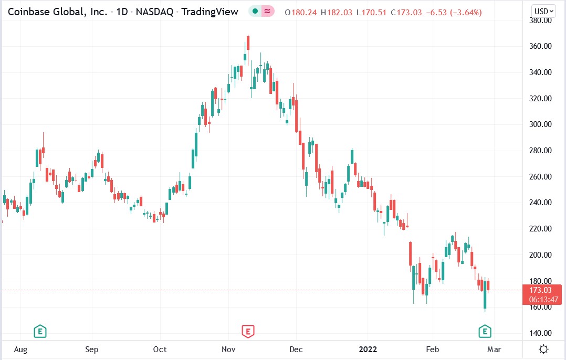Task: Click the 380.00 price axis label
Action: pos(541,20)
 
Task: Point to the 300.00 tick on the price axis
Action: pos(541,124)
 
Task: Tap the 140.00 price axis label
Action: pos(541,333)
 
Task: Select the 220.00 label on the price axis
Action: pos(541,229)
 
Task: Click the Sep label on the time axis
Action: pos(92,350)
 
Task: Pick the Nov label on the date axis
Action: pos(228,350)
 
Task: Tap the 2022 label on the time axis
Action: pos(368,350)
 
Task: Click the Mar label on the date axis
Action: pos(494,350)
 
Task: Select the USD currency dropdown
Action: pos(543,11)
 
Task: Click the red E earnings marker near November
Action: pos(248,331)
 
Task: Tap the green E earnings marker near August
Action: pos(40,331)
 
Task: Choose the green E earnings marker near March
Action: pos(485,331)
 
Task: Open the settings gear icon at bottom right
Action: pos(544,349)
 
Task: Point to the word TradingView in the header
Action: pos(209,12)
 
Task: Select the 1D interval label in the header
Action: pos(122,12)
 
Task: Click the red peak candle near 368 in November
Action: pos(248,43)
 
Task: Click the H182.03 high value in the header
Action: pos(337,12)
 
